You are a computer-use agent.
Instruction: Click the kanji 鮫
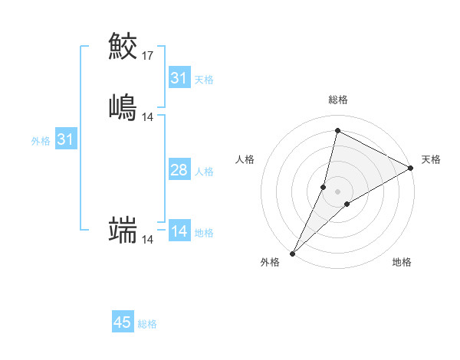coord(123,45)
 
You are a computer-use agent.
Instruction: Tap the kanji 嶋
coord(123,106)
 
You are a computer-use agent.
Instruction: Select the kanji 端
coord(123,229)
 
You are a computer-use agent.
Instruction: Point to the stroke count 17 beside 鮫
coord(148,56)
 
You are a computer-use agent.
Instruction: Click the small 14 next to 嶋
coord(148,117)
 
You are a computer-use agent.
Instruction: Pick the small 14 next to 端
coord(148,240)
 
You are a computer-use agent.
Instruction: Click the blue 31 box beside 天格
coord(179,78)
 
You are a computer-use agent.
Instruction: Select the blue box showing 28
coord(179,170)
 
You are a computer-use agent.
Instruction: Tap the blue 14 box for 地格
coord(179,231)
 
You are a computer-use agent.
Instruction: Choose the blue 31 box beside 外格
coord(65,139)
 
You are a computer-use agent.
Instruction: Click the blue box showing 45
coord(123,322)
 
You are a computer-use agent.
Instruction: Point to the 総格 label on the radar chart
coord(337,100)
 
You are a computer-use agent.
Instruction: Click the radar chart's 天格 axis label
coord(431,159)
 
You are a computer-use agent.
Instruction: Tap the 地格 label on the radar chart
coord(402,262)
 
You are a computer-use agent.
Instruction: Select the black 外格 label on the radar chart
coord(270,262)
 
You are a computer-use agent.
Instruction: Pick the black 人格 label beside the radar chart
coord(245,159)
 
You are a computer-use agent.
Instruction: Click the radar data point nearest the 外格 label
coord(292,253)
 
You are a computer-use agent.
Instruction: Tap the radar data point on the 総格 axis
coord(337,131)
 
